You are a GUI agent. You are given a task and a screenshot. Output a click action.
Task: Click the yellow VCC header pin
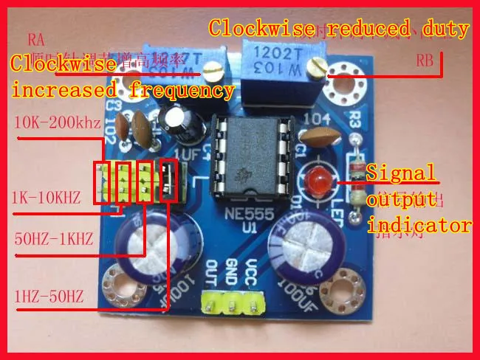click(x=254, y=301)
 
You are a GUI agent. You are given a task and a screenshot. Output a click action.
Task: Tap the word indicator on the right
click(x=419, y=224)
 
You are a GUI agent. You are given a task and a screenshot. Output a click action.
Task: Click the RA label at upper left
click(x=36, y=38)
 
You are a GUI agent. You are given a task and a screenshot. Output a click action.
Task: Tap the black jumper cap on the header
click(x=170, y=183)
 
